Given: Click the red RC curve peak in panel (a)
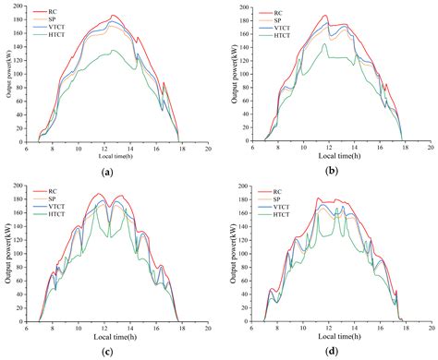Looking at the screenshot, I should point(114,16).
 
